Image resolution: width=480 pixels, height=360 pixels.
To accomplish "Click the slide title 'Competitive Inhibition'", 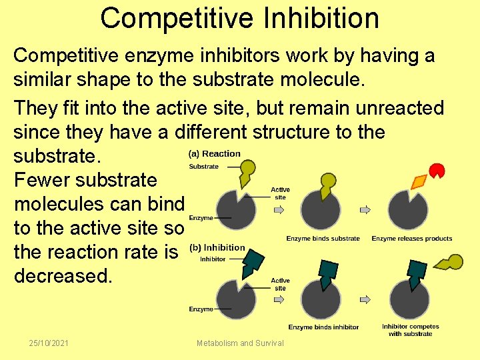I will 239,18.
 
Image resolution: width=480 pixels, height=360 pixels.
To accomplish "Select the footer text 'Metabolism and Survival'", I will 240,343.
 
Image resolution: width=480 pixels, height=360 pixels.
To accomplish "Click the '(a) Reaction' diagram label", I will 215,154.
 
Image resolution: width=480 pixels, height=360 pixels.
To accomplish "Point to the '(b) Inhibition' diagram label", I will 217,248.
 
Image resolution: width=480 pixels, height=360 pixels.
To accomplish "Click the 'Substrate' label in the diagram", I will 203,167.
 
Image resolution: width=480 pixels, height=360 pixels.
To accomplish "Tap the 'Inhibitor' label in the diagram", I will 213,259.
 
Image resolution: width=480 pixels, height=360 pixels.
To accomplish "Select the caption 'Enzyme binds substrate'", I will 323,239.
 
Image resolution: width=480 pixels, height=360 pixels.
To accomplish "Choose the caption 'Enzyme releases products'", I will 411,239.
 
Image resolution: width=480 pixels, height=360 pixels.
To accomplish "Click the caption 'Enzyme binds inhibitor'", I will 323,327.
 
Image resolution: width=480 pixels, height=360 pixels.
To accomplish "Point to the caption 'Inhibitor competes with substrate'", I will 410,330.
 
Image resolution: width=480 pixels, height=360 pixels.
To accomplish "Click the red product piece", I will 437,170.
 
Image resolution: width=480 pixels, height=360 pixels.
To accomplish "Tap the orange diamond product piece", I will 419,181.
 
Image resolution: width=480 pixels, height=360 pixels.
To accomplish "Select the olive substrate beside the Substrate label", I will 246,172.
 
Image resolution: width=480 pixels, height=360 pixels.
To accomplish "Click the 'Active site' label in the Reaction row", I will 280,193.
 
